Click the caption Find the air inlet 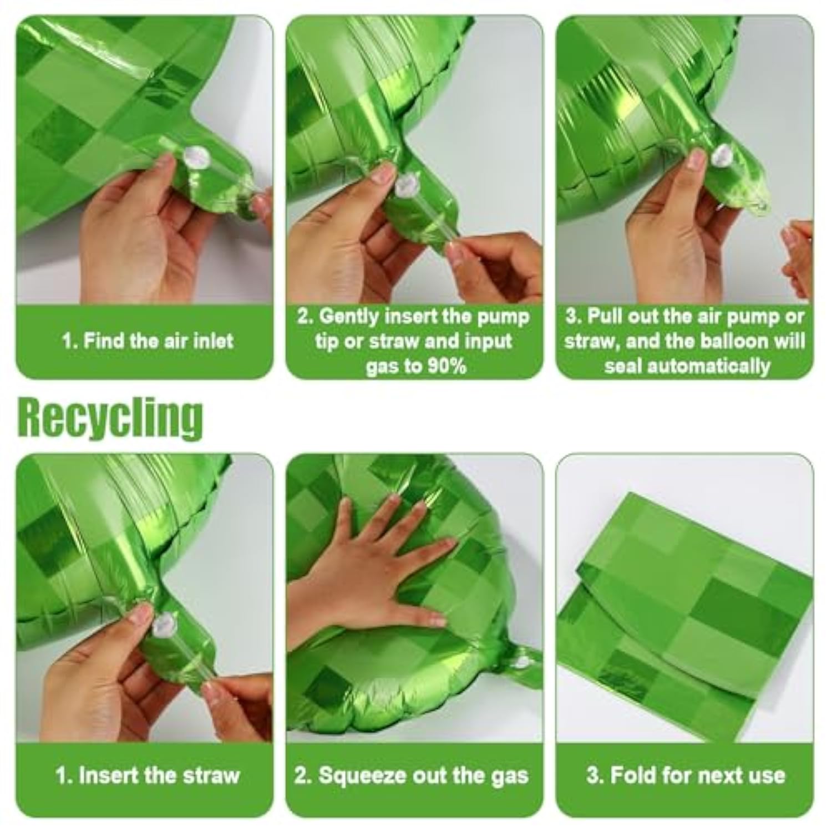(148, 341)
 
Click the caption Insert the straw (148, 775)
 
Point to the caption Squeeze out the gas (411, 775)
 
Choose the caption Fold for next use (686, 775)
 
